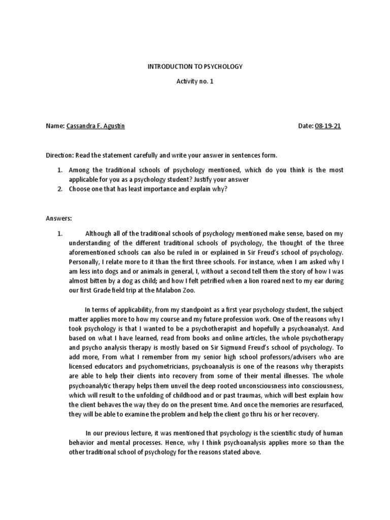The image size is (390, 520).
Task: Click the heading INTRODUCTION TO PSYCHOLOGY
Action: pos(195,67)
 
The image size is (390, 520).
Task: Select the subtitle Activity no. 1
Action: pos(195,82)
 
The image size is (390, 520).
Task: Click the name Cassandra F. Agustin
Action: pos(95,126)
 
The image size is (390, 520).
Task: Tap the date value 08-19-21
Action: pos(329,126)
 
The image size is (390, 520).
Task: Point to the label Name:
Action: pos(55,126)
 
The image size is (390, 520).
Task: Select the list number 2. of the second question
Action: pos(59,189)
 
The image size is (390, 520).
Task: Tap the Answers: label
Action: pos(59,218)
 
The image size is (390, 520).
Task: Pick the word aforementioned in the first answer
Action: pos(92,252)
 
